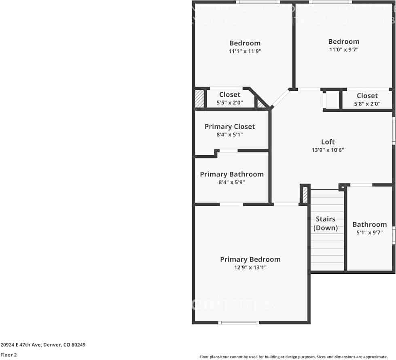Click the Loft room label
(x=328, y=142)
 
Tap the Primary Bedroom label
(x=250, y=259)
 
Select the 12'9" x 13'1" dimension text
(x=250, y=268)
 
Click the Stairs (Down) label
(x=326, y=224)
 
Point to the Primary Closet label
(x=229, y=126)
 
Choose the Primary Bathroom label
(x=231, y=174)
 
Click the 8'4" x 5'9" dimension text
(x=231, y=182)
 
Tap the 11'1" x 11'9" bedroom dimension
(x=245, y=51)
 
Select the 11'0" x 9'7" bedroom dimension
(x=343, y=50)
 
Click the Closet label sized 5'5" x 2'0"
(x=229, y=95)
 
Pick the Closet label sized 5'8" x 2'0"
(x=367, y=96)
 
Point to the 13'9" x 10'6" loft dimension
(x=328, y=150)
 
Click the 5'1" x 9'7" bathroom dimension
(x=369, y=233)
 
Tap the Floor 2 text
(x=8, y=355)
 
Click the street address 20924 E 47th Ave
(x=43, y=345)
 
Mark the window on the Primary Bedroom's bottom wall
(x=239, y=323)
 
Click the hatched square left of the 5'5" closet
(x=199, y=99)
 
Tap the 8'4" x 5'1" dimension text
(x=229, y=134)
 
